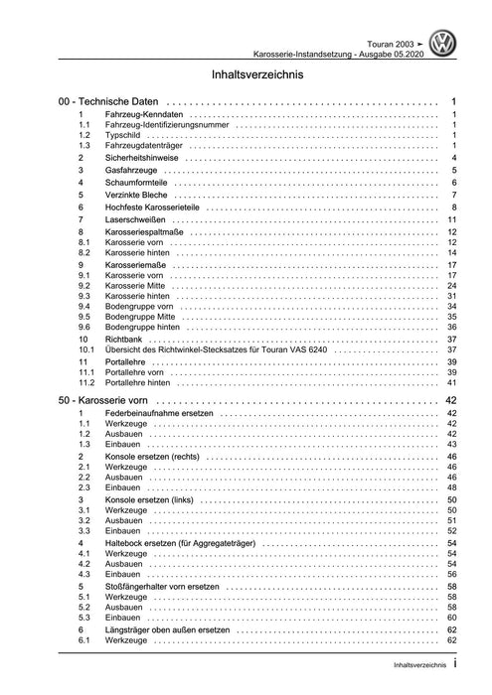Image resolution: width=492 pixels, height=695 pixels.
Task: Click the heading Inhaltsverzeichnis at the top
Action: coord(246,74)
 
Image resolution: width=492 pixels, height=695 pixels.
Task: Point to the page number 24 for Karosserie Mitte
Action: coord(450,285)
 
